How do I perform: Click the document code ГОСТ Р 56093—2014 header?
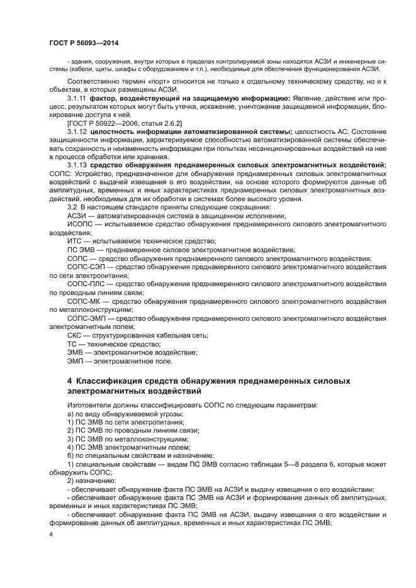tap(83, 43)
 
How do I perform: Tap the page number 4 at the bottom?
tap(52, 533)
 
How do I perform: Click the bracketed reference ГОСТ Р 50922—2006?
tap(104, 123)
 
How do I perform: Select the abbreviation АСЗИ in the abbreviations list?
tap(77, 216)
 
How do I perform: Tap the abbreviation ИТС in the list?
tap(74, 241)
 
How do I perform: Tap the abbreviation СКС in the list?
tap(75, 335)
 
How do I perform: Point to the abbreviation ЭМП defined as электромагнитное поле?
tap(75, 361)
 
